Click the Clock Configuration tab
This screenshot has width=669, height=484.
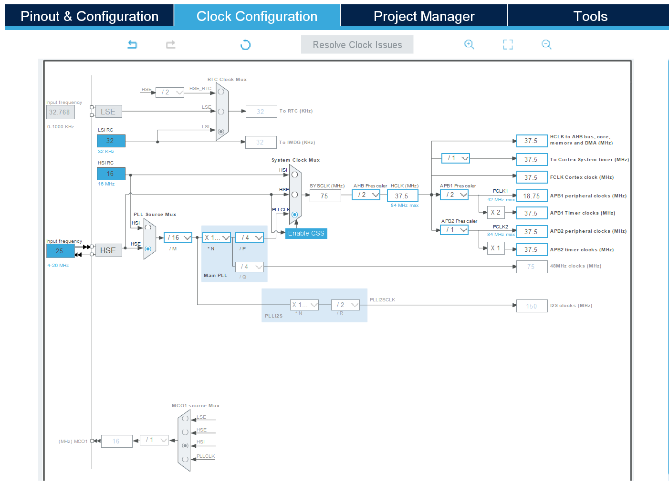257,16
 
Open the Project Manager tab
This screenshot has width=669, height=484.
424,16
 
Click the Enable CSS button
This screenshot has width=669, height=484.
306,233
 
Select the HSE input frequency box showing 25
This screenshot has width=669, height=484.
60,251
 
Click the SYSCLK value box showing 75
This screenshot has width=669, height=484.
325,196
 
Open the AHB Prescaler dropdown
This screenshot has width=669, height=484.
366,195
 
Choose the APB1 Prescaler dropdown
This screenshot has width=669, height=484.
454,195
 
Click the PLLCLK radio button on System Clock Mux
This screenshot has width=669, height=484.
295,215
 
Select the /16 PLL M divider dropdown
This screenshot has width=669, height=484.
178,237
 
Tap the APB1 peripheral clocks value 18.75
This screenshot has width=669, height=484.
532,196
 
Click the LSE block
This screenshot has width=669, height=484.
108,112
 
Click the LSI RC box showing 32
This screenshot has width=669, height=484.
111,141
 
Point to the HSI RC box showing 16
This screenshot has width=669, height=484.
111,174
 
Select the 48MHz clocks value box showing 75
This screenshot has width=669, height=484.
532,267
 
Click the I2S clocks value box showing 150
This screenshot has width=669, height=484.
532,306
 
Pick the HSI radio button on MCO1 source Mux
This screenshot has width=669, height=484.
185,445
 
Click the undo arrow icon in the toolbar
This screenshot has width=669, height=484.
132,44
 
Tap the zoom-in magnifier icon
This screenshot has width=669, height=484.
469,44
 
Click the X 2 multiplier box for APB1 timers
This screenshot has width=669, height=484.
496,213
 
